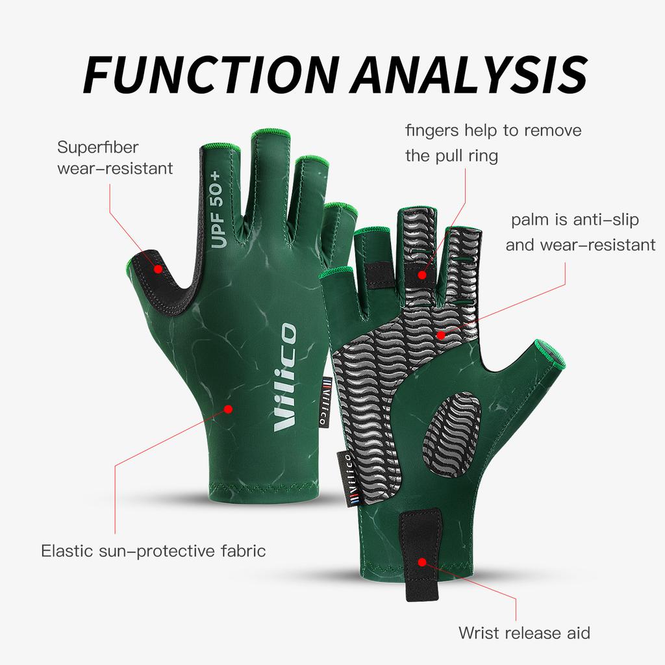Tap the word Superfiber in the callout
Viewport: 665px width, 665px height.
98,147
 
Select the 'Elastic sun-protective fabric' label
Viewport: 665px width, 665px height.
153,552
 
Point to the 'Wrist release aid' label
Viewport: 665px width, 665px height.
525,632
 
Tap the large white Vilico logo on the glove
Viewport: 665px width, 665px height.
286,376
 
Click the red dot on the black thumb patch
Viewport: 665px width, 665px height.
158,268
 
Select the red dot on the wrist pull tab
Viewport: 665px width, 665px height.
422,561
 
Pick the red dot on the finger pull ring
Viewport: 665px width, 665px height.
422,275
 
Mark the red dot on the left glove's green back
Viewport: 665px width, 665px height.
228,408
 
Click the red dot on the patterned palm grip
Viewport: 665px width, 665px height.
440,335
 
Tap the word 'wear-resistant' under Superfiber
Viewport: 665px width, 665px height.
115,169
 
